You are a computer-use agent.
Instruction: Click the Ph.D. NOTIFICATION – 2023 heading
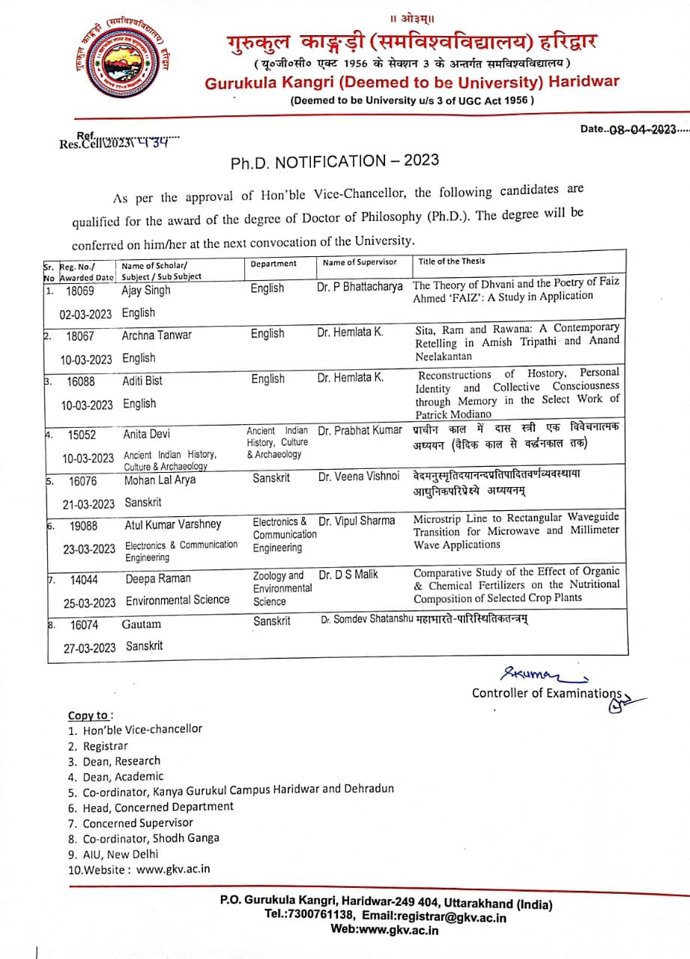(334, 160)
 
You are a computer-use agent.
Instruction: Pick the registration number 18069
(80, 290)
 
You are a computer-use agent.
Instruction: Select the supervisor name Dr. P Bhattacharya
(360, 287)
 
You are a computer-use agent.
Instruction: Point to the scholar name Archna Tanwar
(157, 335)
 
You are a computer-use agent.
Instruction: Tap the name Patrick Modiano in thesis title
(453, 414)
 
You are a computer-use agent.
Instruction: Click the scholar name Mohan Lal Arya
(160, 480)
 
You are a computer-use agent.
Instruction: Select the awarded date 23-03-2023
(89, 549)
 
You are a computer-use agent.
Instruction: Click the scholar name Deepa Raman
(158, 578)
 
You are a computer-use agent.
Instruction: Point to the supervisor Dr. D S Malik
(348, 575)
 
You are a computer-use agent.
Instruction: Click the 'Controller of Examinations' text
(546, 693)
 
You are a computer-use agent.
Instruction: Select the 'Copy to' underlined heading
(91, 715)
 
